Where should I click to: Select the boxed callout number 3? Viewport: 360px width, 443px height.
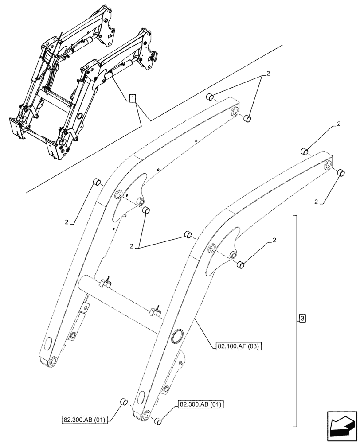302,318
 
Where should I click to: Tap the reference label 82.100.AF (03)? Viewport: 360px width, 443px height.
238,344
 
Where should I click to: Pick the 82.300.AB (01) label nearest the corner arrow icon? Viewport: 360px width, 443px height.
201,404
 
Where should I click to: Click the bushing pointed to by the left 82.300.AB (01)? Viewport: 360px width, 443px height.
125,402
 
